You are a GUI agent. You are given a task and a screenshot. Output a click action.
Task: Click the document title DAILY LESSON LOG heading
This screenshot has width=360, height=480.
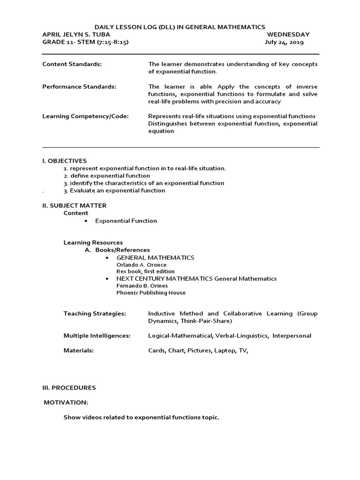pos(180,27)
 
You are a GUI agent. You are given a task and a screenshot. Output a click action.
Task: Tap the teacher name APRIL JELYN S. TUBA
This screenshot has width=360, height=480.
pos(76,35)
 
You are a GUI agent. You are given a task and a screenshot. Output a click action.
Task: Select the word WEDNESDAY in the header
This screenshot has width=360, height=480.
pos(288,35)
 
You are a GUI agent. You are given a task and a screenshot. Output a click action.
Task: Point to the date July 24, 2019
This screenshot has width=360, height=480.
pos(284,42)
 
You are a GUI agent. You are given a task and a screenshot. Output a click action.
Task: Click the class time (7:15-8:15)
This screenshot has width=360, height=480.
pos(112,42)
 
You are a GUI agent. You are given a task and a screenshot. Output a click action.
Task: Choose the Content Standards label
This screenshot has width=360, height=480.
pos(72,64)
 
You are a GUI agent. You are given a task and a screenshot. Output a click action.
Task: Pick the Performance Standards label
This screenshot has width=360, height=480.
pos(79,87)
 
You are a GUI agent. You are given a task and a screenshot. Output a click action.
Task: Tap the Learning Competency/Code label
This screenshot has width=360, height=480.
pos(85,116)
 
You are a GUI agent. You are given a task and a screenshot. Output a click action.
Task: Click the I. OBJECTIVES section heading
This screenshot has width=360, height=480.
pos(65,161)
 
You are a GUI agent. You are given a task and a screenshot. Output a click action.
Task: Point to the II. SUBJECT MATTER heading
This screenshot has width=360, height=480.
pos(74,205)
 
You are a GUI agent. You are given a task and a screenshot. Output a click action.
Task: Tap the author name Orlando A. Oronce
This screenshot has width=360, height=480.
pos(141,265)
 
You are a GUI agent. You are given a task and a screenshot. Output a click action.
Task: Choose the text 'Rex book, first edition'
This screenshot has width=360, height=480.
pos(145,271)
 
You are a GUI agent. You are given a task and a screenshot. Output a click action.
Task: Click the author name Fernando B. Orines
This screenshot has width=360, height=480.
pos(142,285)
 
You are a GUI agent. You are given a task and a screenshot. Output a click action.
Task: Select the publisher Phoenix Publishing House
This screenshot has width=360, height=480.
pos(150,292)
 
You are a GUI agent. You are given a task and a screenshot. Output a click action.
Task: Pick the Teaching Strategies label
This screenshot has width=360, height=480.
pos(95,314)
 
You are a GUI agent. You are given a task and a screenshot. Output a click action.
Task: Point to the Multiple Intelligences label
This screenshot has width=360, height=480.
pos(97,336)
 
